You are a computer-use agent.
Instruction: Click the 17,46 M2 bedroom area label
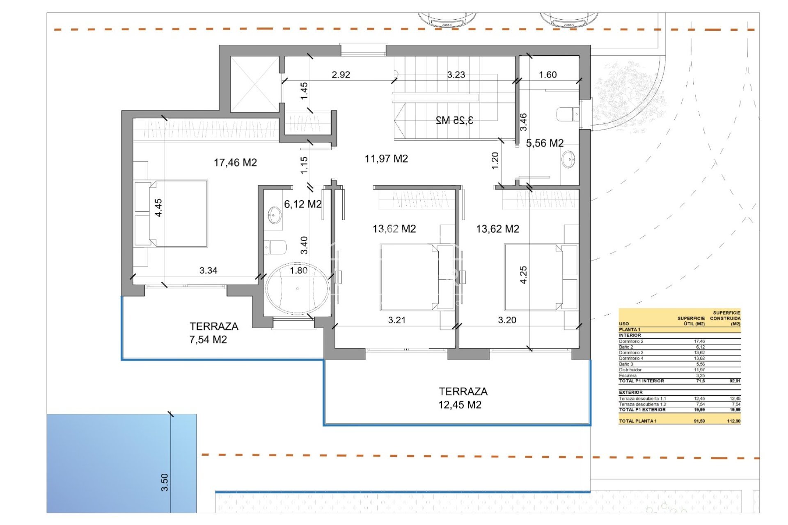click(235, 163)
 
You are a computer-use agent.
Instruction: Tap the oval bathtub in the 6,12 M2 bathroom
click(297, 288)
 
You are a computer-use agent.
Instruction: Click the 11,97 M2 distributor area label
click(386, 159)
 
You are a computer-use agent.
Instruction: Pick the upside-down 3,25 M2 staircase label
click(454, 120)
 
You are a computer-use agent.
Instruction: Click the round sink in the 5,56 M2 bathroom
click(568, 160)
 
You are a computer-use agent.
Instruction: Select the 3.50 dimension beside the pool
click(165, 482)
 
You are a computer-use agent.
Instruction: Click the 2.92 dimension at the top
click(341, 75)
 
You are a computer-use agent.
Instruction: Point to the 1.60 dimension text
click(547, 75)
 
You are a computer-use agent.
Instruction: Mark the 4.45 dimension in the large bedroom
click(158, 208)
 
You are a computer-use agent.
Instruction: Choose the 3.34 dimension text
click(208, 270)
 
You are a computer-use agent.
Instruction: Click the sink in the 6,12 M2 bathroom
click(275, 215)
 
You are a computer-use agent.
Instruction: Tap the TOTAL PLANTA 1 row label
click(637, 421)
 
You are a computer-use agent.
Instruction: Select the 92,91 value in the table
click(735, 381)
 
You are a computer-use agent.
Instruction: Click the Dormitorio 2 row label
click(631, 341)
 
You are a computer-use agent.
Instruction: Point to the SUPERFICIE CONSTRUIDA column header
click(725, 318)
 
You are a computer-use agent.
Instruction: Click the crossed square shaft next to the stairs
click(254, 84)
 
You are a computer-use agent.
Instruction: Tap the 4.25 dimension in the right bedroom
click(523, 275)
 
